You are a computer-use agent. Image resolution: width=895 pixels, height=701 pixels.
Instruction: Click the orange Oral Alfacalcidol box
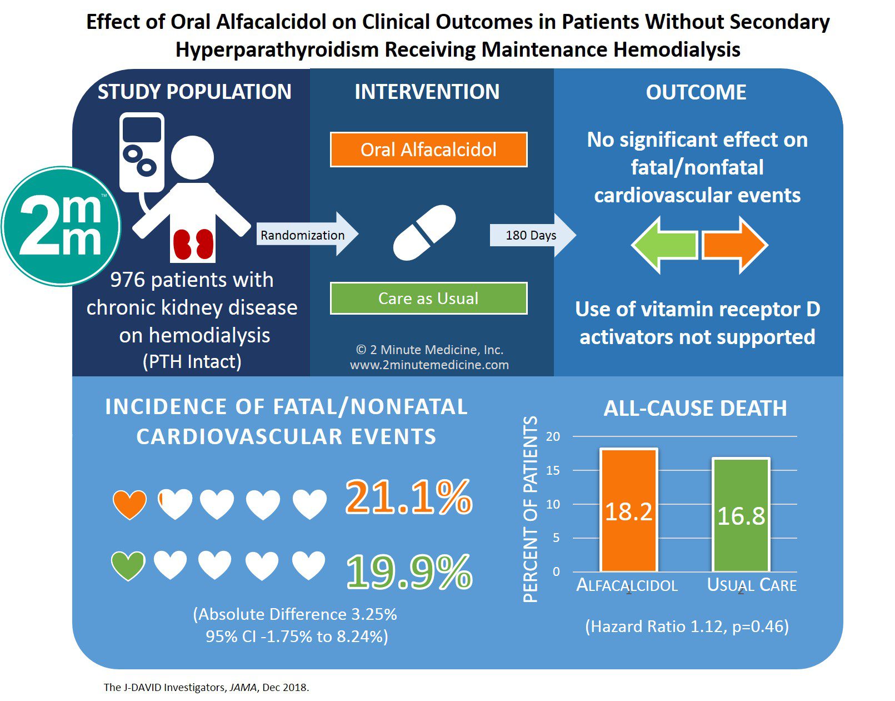pos(428,150)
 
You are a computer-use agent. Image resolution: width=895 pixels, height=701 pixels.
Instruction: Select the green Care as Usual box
pos(428,299)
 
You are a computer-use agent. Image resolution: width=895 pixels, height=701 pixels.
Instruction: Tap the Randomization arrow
pos(307,235)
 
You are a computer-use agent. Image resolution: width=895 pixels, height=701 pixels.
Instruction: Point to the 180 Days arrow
pos(533,235)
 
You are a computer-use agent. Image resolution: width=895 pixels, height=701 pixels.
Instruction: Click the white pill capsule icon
pos(424,233)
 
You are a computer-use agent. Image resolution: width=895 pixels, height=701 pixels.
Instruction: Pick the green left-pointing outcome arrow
pos(664,245)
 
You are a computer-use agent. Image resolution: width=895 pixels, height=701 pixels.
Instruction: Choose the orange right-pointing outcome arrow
pos(735,245)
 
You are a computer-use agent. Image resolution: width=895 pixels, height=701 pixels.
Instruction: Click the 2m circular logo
pos(61,226)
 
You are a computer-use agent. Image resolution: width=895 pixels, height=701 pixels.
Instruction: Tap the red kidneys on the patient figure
pos(193,244)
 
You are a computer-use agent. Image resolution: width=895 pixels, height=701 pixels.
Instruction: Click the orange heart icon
pos(130,504)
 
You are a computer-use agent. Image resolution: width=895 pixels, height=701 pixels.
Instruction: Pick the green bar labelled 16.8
pos(741,514)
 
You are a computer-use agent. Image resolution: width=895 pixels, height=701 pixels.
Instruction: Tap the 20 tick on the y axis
pos(553,436)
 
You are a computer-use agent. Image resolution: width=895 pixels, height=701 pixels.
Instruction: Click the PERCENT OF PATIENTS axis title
pos(531,509)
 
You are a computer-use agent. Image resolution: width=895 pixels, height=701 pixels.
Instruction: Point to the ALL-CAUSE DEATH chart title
pos(695,409)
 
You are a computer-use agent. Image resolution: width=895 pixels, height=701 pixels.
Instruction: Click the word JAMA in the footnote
pos(243,688)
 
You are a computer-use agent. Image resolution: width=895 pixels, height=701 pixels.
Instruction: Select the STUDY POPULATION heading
pos(194,92)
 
